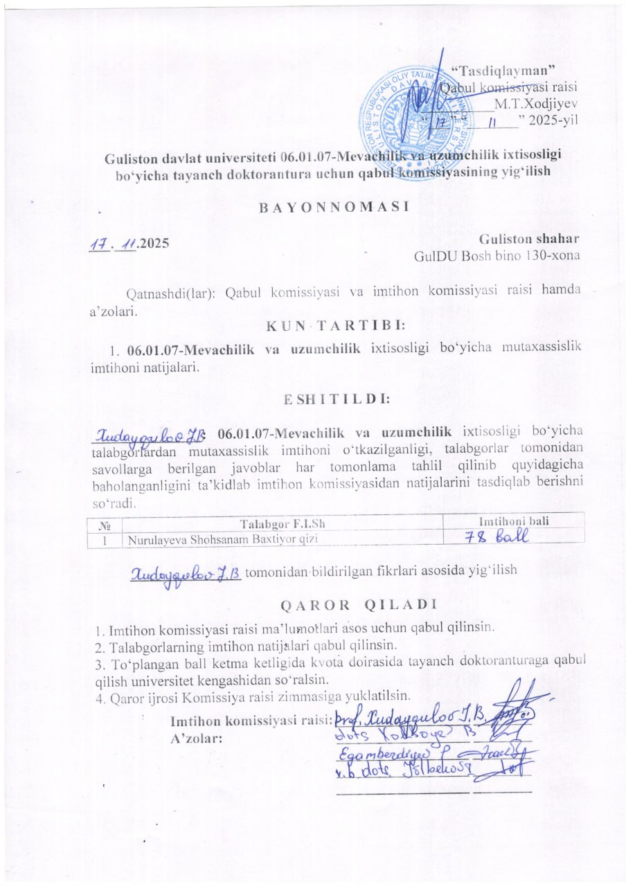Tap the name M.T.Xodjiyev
[536, 106]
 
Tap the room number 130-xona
[551, 255]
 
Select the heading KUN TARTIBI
[336, 324]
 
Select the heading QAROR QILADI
[358, 604]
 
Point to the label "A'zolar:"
[196, 738]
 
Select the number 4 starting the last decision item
[100, 696]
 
